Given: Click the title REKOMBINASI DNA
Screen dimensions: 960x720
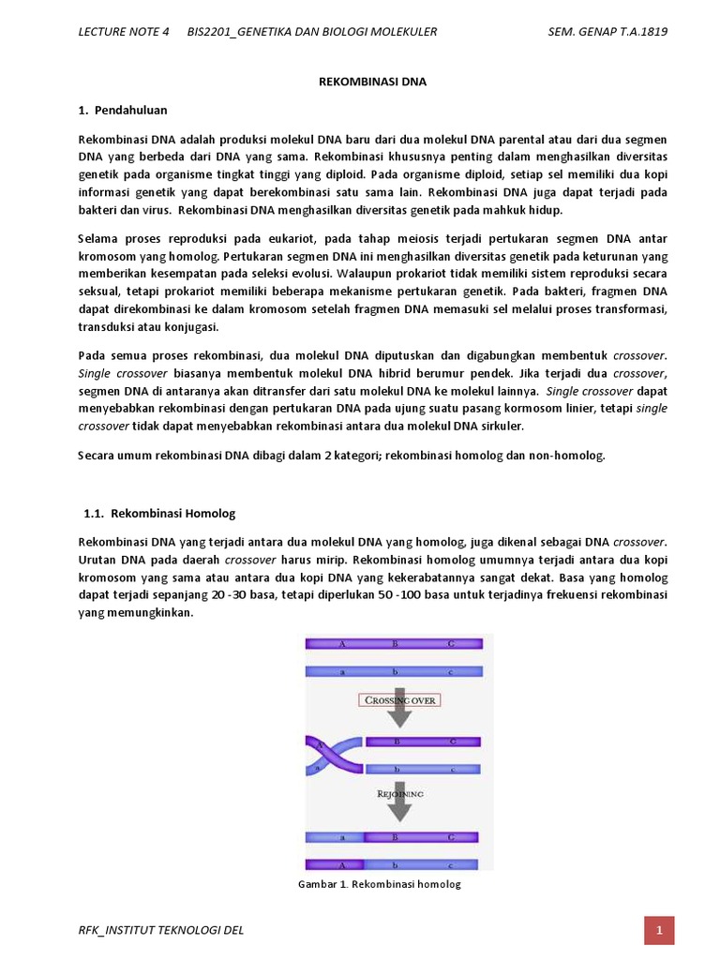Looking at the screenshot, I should coord(367,82).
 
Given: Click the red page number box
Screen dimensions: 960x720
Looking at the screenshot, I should coord(660,931).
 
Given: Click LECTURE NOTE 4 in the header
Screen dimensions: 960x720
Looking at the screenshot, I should coord(123,33).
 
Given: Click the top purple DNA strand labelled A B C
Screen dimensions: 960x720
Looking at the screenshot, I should coord(394,644).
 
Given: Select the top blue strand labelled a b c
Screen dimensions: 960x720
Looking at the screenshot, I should coord(394,671).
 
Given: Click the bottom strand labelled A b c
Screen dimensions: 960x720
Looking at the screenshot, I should coord(394,864).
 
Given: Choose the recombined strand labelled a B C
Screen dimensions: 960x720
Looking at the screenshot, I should coord(394,837).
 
